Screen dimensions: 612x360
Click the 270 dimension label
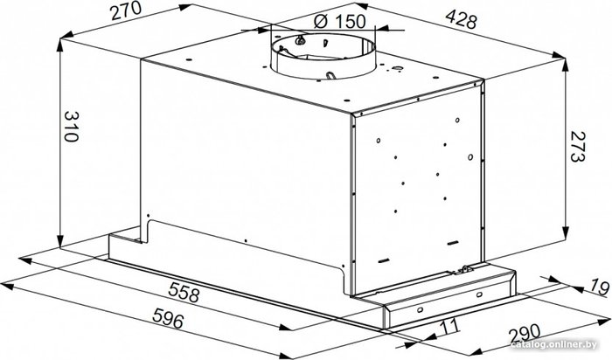(126, 10)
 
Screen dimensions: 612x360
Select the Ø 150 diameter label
(339, 21)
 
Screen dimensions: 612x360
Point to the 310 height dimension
(72, 127)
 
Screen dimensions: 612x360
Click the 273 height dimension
(578, 146)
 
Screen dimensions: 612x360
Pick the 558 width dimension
(184, 292)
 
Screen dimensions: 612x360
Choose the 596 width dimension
(168, 317)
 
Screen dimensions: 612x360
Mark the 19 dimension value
(599, 287)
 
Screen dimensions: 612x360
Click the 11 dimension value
(448, 326)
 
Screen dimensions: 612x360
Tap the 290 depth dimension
(525, 335)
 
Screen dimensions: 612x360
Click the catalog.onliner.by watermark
(554, 344)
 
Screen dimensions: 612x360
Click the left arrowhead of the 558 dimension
(25, 260)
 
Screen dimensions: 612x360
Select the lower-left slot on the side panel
(383, 261)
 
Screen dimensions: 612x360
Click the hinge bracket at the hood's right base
(465, 269)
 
